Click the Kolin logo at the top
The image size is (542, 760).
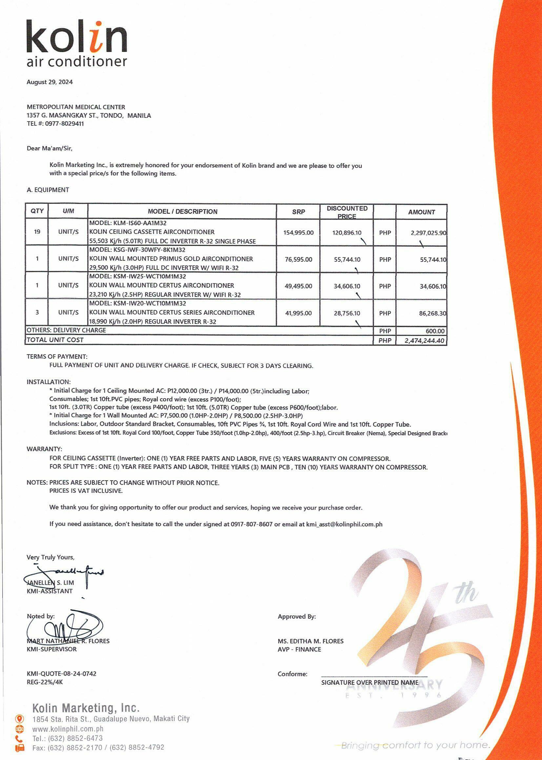76,43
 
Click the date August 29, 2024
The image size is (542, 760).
50,82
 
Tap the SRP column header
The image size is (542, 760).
298,212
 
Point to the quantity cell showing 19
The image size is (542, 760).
37,232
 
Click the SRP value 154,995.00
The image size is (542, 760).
298,233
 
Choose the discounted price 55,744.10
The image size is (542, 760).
347,259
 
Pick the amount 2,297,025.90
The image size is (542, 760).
428,233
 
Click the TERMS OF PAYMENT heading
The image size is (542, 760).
57,357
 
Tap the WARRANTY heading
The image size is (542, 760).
44,449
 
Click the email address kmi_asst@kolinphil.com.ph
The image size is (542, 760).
344,524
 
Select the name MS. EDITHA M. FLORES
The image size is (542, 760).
311,641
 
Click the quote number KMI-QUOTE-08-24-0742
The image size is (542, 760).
61,674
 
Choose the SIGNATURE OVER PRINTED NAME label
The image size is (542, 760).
370,683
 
